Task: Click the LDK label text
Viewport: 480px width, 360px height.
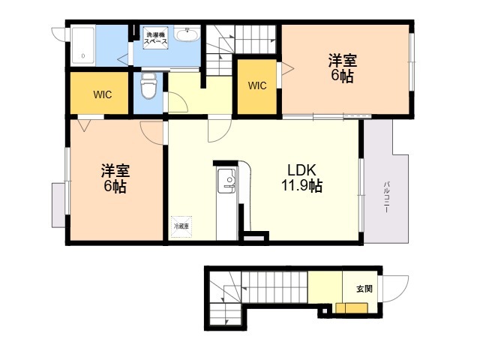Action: (x=301, y=169)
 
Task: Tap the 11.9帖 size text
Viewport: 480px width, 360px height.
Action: (x=301, y=185)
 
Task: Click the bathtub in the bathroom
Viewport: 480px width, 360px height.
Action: (x=82, y=46)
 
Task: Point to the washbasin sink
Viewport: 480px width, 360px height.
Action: (x=187, y=34)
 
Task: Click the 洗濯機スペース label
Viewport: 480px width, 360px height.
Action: (x=156, y=38)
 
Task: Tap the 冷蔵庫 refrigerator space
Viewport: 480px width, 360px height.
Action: (x=181, y=226)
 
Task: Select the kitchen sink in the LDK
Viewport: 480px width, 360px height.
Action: (x=226, y=181)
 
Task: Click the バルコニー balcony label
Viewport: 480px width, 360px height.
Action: (x=386, y=197)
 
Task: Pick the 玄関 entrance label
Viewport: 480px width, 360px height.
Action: (x=364, y=288)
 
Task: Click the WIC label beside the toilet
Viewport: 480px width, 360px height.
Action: (x=103, y=94)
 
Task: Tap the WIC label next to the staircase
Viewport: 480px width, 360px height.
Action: (x=257, y=85)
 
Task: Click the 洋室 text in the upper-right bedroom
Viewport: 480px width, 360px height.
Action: (x=343, y=60)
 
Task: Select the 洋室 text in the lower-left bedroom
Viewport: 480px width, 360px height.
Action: (x=115, y=170)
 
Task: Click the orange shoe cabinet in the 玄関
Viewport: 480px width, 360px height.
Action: (x=352, y=308)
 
